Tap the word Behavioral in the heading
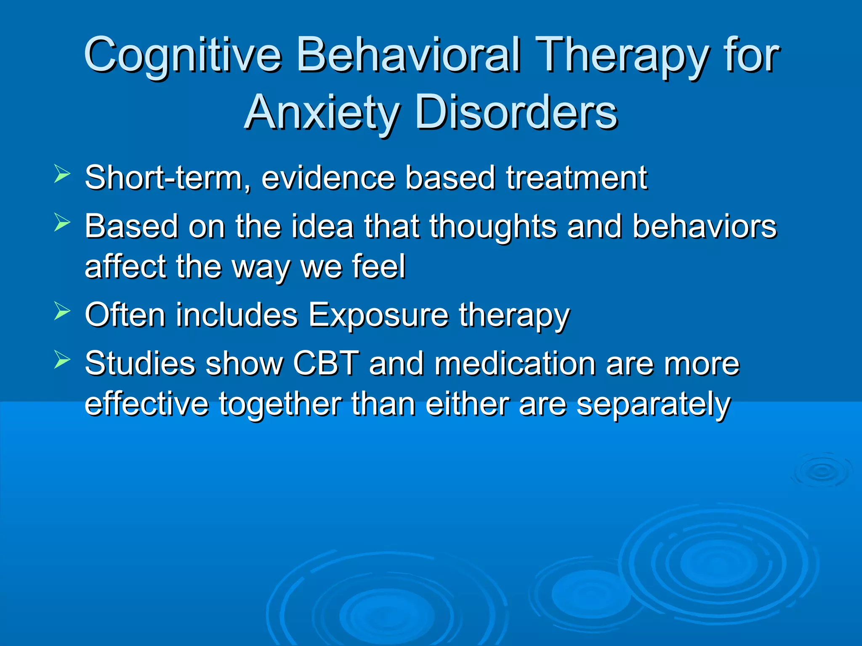[408, 55]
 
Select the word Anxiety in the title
[322, 112]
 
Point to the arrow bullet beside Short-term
[62, 174]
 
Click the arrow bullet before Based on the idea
[62, 222]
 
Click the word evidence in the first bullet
[328, 178]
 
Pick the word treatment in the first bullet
[576, 178]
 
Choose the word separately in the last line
[653, 404]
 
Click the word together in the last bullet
[279, 404]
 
